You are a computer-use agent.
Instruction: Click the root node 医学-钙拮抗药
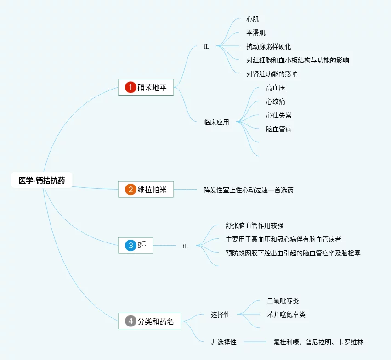pyautogui.click(x=42, y=180)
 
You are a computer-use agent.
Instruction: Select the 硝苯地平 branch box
pyautogui.click(x=146, y=87)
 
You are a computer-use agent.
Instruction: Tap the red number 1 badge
pyautogui.click(x=130, y=87)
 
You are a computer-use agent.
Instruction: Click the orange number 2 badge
pyautogui.click(x=130, y=190)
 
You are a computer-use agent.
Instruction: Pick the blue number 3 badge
pyautogui.click(x=130, y=245)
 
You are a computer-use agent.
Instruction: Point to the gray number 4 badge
pyautogui.click(x=130, y=321)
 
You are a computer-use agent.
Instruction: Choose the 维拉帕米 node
pyautogui.click(x=146, y=190)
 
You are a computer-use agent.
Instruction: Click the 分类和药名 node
pyautogui.click(x=149, y=321)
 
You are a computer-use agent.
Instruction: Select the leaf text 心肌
pyautogui.click(x=253, y=19)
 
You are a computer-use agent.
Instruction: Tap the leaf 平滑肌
pyautogui.click(x=256, y=33)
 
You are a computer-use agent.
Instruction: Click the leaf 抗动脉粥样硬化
pyautogui.click(x=269, y=46)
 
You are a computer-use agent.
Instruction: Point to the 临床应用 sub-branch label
pyautogui.click(x=216, y=123)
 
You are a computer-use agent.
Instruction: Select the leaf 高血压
pyautogui.click(x=276, y=88)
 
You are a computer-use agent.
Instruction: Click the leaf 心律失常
pyautogui.click(x=279, y=115)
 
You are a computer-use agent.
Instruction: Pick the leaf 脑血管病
pyautogui.click(x=279, y=129)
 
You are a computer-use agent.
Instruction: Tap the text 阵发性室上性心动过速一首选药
pyautogui.click(x=249, y=190)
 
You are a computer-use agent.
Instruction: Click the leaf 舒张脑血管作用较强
pyautogui.click(x=255, y=225)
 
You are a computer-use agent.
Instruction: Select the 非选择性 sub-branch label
pyautogui.click(x=224, y=342)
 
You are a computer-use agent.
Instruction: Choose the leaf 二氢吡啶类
pyautogui.click(x=283, y=301)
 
